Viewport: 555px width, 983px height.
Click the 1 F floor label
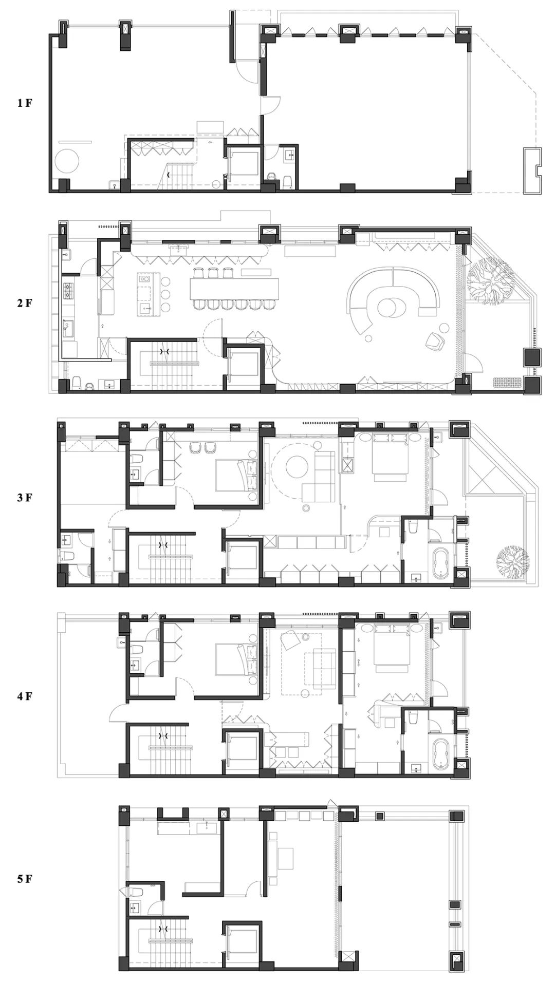(x=25, y=103)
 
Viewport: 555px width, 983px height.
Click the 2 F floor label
(x=25, y=303)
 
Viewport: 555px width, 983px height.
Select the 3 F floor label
(x=25, y=498)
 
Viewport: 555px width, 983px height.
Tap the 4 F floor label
(x=25, y=697)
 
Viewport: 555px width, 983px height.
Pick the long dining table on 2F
(x=235, y=289)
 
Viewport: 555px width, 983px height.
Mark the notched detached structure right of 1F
(x=532, y=171)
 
